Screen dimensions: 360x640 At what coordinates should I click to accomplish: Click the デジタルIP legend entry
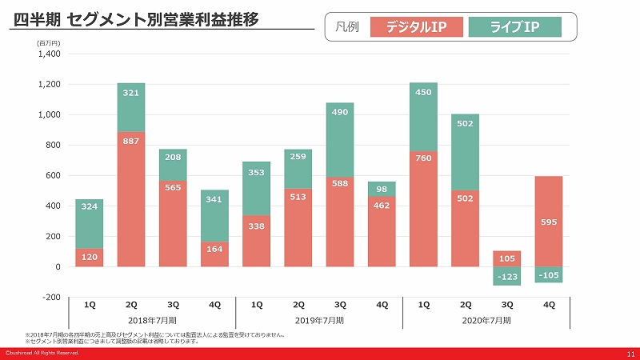point(417,27)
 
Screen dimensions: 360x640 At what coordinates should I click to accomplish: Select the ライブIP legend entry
point(514,27)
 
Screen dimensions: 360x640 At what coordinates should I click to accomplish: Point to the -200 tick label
point(50,297)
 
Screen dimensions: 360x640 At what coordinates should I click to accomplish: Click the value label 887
point(131,141)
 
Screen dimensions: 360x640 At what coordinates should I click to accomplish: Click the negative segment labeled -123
point(507,276)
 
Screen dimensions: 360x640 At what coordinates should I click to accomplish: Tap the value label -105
point(549,275)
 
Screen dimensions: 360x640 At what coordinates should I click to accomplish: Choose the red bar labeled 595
point(549,221)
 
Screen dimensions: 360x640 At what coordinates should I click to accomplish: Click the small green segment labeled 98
point(382,189)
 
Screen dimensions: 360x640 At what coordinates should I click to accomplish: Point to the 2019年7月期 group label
point(319,320)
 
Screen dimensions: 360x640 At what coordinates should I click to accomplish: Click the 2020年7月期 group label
point(486,320)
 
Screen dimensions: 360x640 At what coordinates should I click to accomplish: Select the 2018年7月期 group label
point(151,320)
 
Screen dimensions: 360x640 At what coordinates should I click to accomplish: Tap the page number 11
point(630,353)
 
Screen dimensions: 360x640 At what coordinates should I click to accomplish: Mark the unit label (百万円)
point(49,43)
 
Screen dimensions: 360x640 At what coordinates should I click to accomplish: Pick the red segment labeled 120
point(90,258)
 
